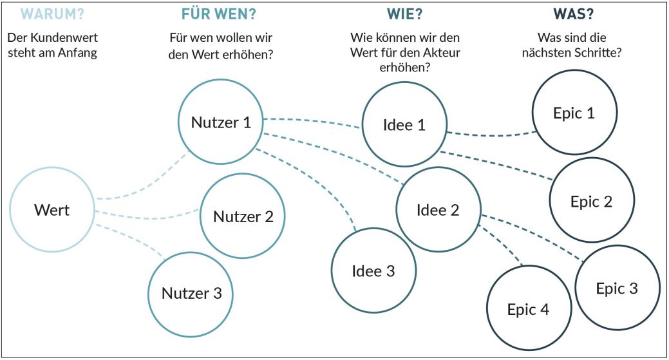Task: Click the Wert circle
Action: [53, 209]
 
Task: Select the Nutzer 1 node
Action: [220, 122]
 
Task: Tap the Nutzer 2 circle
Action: [243, 216]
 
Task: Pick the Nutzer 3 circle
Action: [191, 294]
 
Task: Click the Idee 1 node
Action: [404, 125]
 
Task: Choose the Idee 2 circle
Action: [438, 210]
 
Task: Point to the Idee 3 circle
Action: [373, 271]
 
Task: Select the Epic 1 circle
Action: [574, 113]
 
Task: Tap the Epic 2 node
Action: [591, 201]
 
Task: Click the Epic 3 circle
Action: [617, 289]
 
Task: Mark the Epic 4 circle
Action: [528, 309]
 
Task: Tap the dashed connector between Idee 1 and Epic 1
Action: [493, 135]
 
